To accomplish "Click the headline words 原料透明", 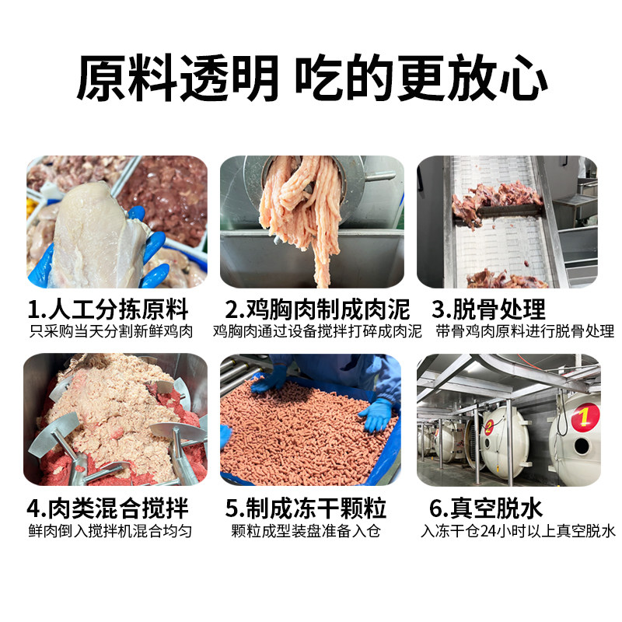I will [x=176, y=79].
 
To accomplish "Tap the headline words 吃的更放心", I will [x=421, y=79].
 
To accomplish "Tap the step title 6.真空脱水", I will [x=486, y=508].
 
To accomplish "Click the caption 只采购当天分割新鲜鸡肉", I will [x=110, y=332].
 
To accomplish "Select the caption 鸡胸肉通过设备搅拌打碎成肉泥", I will [x=317, y=332].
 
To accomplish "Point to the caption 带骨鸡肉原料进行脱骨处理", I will [x=525, y=332].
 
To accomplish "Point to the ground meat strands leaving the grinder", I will [x=307, y=214].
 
